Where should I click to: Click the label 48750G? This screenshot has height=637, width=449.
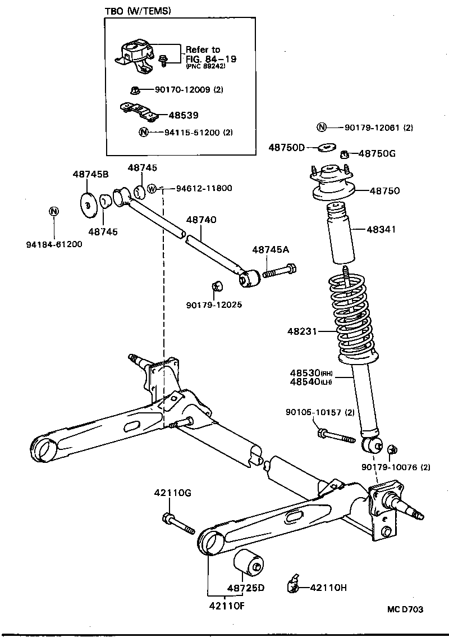coord(377,153)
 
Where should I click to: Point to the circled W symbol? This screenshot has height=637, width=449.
coord(152,189)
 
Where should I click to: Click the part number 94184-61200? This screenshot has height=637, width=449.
coord(54,244)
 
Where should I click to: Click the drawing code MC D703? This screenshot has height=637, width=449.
coord(405,609)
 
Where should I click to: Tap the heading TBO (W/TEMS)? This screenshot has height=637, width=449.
coord(138,11)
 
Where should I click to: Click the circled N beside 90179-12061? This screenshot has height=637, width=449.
coord(322,127)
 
